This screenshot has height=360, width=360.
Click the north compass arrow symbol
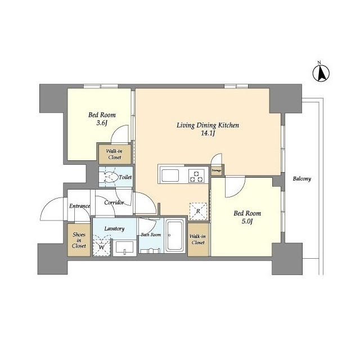pyautogui.click(x=321, y=73)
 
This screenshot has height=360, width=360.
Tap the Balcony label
pyautogui.click(x=301, y=179)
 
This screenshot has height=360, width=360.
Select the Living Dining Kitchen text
pyautogui.click(x=208, y=125)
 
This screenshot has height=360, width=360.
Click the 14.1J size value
pyautogui.click(x=208, y=133)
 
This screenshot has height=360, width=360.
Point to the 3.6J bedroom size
pyautogui.click(x=102, y=123)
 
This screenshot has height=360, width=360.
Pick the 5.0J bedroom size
pyautogui.click(x=247, y=221)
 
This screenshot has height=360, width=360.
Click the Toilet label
pyautogui.click(x=125, y=177)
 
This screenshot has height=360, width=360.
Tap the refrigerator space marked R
pyautogui.click(x=198, y=211)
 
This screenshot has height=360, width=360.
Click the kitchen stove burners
pyautogui.click(x=196, y=175)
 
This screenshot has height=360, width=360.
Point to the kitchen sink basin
pyautogui.click(x=170, y=175)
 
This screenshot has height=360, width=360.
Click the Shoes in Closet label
pyautogui.click(x=79, y=240)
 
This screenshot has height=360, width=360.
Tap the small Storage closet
pyautogui.click(x=217, y=170)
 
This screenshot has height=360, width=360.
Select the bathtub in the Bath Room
pyautogui.click(x=175, y=235)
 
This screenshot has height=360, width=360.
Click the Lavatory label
pyautogui.click(x=114, y=229)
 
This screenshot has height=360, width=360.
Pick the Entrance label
pyautogui.click(x=79, y=206)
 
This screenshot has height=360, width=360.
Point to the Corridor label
pyautogui.click(x=114, y=202)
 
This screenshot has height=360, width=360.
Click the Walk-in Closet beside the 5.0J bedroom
pyautogui.click(x=198, y=240)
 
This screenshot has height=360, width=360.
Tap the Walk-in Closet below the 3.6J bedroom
pyautogui.click(x=115, y=154)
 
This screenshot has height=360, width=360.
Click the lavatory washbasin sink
pyautogui.click(x=125, y=247)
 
